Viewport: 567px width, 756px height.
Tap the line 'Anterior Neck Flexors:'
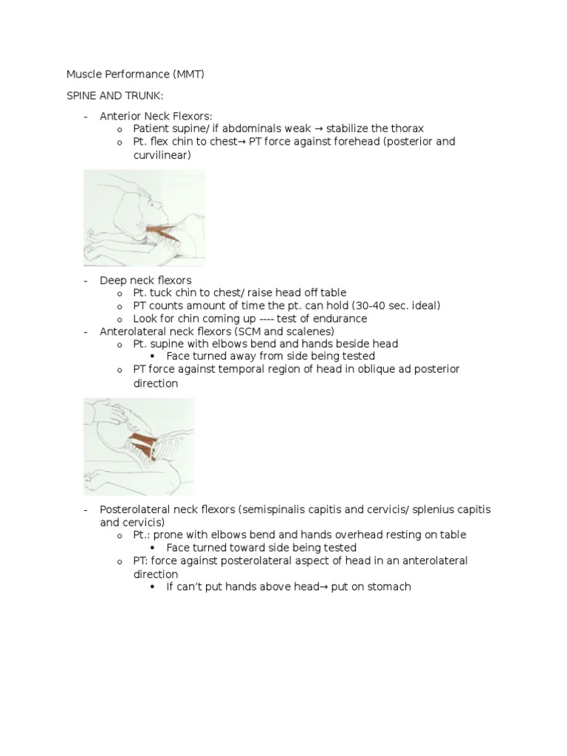click(x=156, y=116)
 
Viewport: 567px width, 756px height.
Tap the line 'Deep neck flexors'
click(x=145, y=281)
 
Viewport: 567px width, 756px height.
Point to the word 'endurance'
click(x=340, y=319)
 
